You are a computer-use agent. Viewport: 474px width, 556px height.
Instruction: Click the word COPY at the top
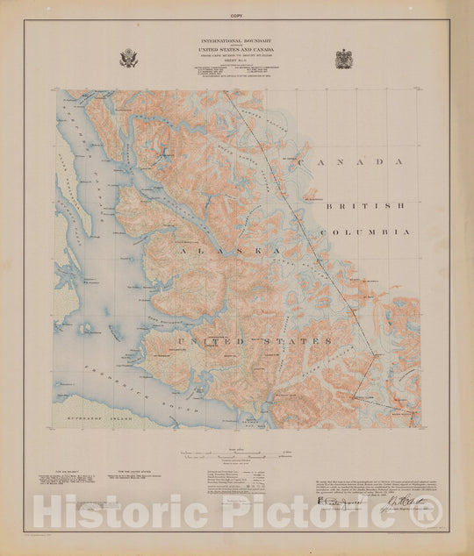coord(237,16)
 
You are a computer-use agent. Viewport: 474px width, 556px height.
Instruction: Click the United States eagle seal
coord(129,59)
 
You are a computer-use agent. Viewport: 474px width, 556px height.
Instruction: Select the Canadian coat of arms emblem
coord(343,59)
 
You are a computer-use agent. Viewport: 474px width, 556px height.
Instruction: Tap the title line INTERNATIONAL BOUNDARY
coord(237,42)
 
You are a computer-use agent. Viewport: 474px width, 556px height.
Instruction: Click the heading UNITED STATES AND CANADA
coord(237,52)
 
